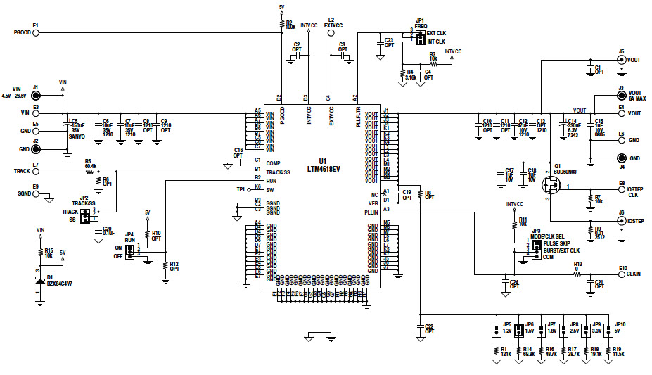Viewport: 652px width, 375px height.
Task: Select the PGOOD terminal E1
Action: tap(36, 32)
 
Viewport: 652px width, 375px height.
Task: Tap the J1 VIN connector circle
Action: tap(36, 96)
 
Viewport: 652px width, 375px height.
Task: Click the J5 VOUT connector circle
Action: tap(621, 60)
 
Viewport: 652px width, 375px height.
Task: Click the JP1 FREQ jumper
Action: tap(419, 37)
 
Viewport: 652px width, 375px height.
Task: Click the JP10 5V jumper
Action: tap(608, 329)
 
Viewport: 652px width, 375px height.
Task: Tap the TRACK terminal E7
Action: tap(36, 171)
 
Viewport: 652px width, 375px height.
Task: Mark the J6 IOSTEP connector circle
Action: tap(621, 220)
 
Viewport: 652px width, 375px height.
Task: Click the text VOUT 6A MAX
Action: tap(635, 96)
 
